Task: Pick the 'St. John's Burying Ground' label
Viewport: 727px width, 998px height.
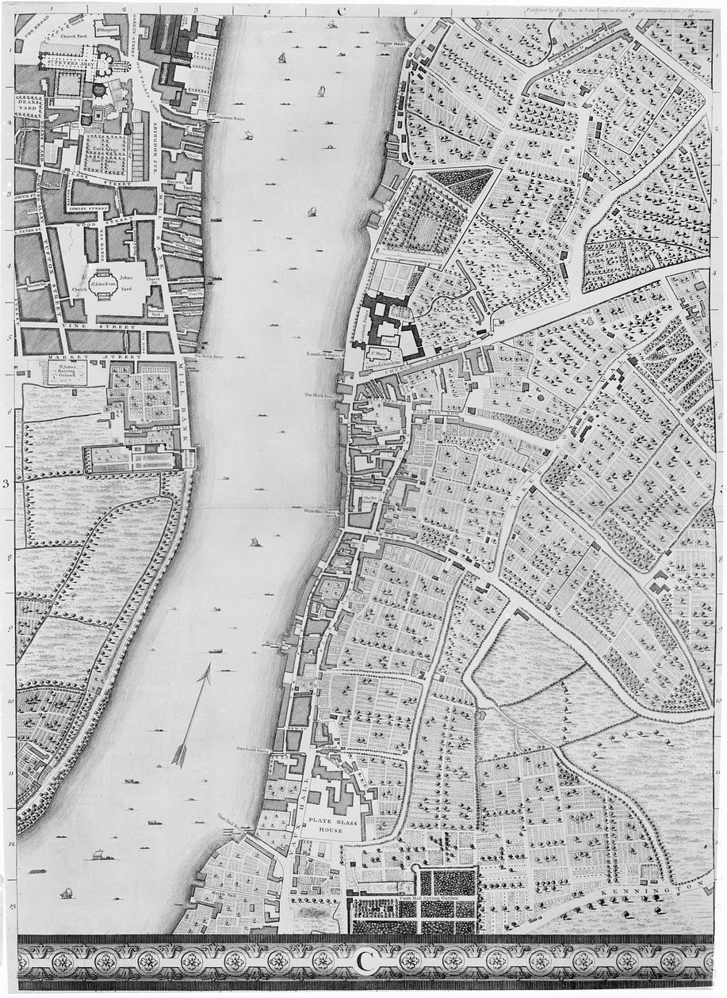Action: (x=67, y=373)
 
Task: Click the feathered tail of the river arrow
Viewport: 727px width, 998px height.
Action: (x=181, y=752)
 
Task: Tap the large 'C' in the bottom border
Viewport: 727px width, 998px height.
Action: (x=364, y=959)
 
